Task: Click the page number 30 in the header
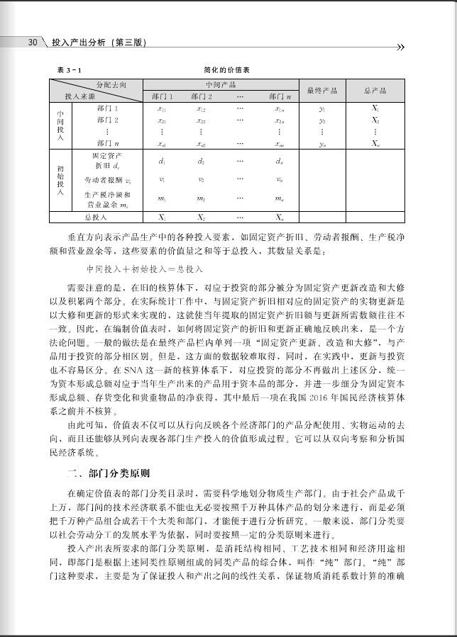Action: point(32,43)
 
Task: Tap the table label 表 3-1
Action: point(68,71)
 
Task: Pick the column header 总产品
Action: point(375,91)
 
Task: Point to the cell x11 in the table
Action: point(161,109)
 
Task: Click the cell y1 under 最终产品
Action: point(321,109)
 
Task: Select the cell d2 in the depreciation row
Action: point(201,161)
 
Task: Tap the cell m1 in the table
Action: point(161,199)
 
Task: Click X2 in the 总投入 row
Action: point(201,217)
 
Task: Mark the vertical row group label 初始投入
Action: point(60,179)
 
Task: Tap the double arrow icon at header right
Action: point(400,47)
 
